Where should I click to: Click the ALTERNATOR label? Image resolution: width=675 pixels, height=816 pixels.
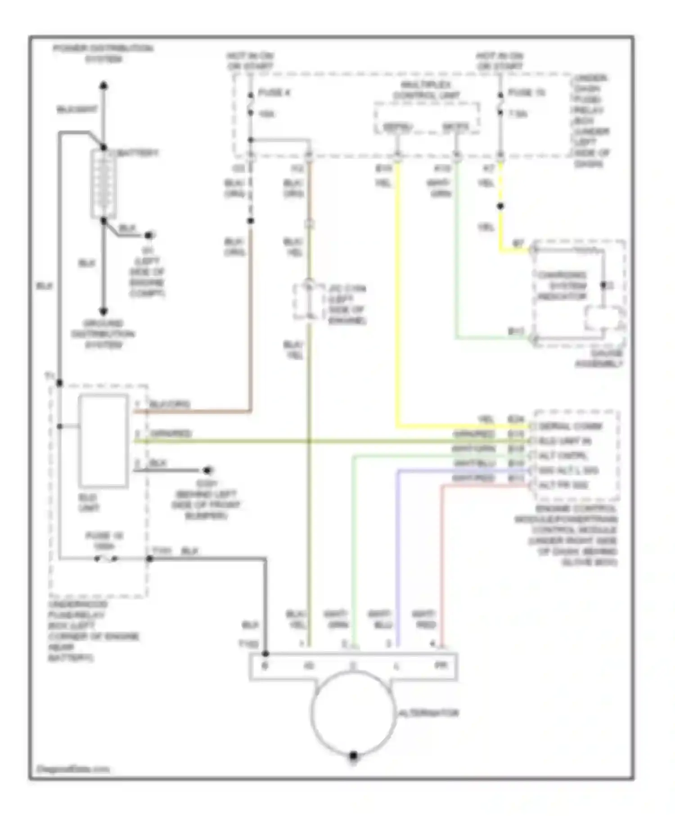(428, 713)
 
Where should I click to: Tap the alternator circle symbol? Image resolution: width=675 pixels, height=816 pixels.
(353, 713)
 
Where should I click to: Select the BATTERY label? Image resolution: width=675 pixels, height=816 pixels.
(138, 153)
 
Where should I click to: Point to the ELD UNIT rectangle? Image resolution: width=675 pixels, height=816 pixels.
(103, 441)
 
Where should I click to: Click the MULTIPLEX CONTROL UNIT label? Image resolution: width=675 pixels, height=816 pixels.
(426, 90)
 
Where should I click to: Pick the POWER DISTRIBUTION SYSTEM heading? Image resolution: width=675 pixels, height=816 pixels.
(103, 54)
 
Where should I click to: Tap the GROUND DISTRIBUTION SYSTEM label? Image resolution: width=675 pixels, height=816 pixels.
(103, 334)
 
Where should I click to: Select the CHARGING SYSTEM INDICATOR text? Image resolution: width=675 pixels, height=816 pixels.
(562, 286)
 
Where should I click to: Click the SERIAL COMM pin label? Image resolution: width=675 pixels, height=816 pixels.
(571, 426)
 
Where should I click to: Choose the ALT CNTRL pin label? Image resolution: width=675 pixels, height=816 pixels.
(563, 456)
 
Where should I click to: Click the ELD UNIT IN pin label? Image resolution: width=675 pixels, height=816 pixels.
(565, 441)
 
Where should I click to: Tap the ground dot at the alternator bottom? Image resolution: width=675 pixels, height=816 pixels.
(353, 755)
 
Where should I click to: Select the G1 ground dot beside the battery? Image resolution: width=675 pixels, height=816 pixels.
(149, 235)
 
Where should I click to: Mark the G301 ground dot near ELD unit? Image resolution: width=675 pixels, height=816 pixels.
(207, 471)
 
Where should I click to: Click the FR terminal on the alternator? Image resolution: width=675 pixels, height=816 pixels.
(441, 665)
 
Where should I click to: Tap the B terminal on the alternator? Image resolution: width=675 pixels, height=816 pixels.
(265, 665)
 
